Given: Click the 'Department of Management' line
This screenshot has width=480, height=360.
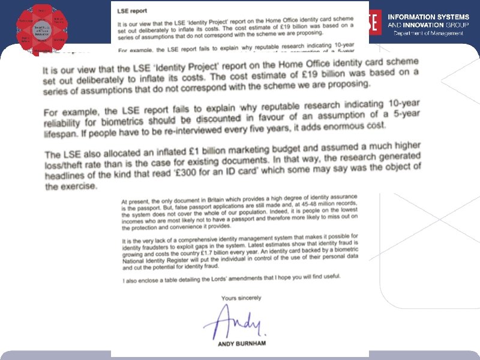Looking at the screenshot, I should coord(427,33).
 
